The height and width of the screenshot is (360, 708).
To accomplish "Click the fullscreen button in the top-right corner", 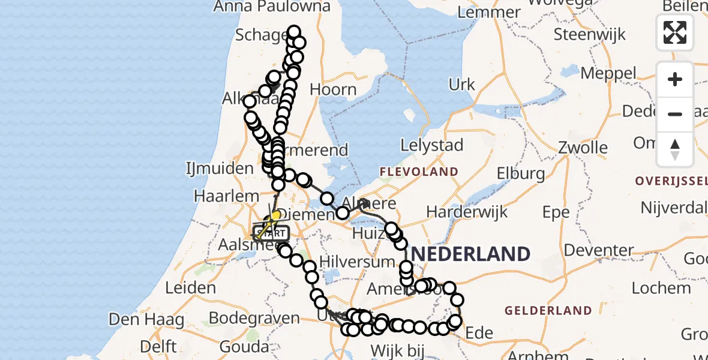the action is tap(675, 32).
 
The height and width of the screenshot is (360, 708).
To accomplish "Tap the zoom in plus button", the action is tap(675, 80).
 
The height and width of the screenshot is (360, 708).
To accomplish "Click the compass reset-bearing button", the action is tap(675, 149).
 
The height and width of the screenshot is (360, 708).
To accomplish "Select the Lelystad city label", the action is tap(433, 145).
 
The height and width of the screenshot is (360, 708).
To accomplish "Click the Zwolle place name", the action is tap(583, 148).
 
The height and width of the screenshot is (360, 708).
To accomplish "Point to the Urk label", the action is tap(461, 85).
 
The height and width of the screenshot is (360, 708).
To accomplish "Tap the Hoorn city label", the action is tap(333, 90).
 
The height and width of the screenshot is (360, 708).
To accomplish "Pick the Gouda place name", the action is tap(244, 346).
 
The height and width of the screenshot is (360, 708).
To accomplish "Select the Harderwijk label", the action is tap(467, 212).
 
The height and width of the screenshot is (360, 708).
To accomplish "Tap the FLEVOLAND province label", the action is tap(419, 172).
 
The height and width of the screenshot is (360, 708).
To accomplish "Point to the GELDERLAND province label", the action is tap(548, 311).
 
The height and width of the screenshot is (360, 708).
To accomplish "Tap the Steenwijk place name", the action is tap(590, 34).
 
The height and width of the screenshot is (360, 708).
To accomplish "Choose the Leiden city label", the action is tap(190, 287).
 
